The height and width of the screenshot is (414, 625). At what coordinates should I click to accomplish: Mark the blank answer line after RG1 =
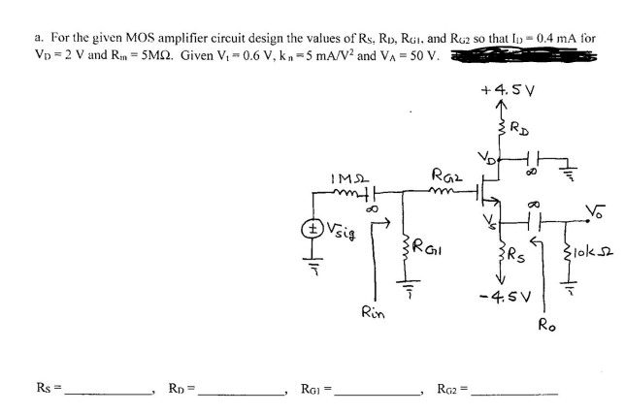pos(378,391)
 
